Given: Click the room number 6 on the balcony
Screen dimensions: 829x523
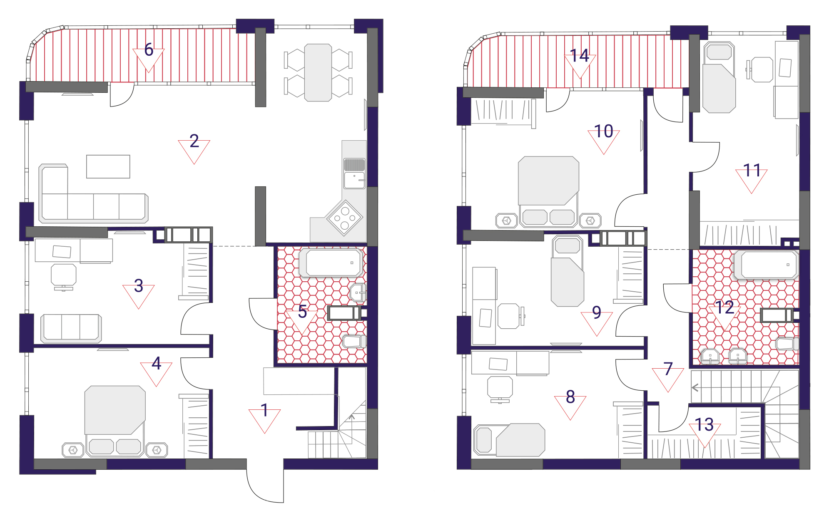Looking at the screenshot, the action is pyautogui.click(x=149, y=50).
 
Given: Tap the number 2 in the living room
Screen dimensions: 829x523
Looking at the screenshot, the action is pyautogui.click(x=194, y=141).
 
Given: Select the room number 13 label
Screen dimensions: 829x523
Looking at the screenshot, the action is pyautogui.click(x=705, y=424).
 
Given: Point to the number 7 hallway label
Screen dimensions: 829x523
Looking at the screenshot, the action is pyautogui.click(x=668, y=368).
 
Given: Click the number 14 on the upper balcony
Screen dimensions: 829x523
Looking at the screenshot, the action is pyautogui.click(x=580, y=55).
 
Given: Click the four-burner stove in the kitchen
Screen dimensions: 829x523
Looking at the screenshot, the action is pyautogui.click(x=345, y=218).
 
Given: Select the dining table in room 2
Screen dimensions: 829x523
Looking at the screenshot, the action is pyautogui.click(x=318, y=73).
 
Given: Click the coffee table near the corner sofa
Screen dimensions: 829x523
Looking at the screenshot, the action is pyautogui.click(x=108, y=166).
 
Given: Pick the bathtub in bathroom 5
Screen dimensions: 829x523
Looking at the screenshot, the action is pyautogui.click(x=332, y=263).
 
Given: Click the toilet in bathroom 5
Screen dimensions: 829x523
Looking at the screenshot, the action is pyautogui.click(x=354, y=342).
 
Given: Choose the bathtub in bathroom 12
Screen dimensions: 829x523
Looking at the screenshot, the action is pyautogui.click(x=767, y=265).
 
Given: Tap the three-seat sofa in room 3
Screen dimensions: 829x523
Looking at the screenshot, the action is pyautogui.click(x=71, y=328).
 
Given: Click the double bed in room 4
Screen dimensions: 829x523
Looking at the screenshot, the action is pyautogui.click(x=115, y=421).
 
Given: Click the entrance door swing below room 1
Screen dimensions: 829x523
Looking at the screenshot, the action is pyautogui.click(x=265, y=486).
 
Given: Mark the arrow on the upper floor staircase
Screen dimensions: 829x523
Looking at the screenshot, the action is pyautogui.click(x=695, y=388).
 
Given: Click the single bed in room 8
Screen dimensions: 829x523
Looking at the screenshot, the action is pyautogui.click(x=510, y=440).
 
